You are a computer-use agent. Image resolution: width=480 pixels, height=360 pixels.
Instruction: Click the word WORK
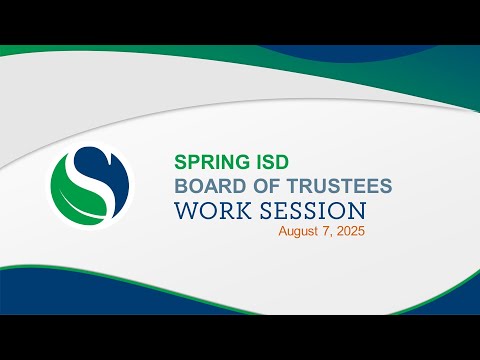click(x=213, y=211)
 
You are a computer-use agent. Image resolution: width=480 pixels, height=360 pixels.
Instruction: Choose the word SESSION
click(x=313, y=211)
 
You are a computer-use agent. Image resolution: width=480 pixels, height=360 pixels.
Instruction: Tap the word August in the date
click(x=298, y=231)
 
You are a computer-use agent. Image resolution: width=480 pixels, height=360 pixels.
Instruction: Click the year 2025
click(x=350, y=231)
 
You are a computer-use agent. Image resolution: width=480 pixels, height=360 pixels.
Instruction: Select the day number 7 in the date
click(x=326, y=231)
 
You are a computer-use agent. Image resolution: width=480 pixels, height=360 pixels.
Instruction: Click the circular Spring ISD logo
click(x=90, y=186)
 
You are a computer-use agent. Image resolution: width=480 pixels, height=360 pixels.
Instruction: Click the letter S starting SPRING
click(x=181, y=162)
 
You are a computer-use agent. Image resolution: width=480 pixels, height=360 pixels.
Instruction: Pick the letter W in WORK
click(x=186, y=211)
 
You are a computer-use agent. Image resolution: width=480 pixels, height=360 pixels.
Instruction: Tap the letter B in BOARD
click(x=181, y=186)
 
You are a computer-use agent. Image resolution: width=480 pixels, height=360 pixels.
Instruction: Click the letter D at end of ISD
click(x=282, y=162)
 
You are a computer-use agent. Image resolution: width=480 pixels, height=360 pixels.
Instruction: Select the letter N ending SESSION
click(x=357, y=211)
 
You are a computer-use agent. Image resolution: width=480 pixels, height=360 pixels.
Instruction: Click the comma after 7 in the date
click(x=331, y=236)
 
